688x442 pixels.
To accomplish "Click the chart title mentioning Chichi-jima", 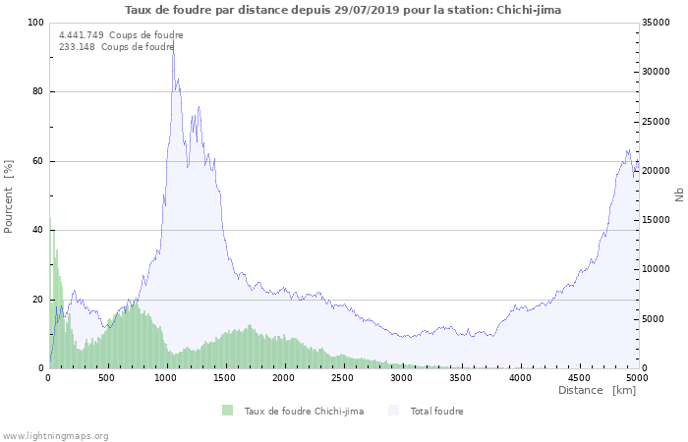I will pos(344,10).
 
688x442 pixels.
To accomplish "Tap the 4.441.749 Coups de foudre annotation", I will pos(121,34).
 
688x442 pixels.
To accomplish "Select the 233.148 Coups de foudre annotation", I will pos(116,46).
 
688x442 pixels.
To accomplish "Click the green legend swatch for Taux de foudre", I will pos(228,411).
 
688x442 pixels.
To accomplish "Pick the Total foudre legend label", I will pos(436,411).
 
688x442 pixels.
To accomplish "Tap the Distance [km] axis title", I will pos(597,391).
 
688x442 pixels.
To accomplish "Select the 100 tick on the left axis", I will pos(36,23).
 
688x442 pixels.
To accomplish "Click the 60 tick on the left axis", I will pos(39,161).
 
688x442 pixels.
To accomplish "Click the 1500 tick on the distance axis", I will pos(225,377).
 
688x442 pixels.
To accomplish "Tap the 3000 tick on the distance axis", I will pos(401,377).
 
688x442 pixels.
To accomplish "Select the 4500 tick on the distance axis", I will pos(578,377).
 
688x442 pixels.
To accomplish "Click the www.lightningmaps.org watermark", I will pos(56,435).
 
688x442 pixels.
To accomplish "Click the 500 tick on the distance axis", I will pos(107,377).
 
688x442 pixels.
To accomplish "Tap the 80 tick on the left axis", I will pos(39,91).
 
